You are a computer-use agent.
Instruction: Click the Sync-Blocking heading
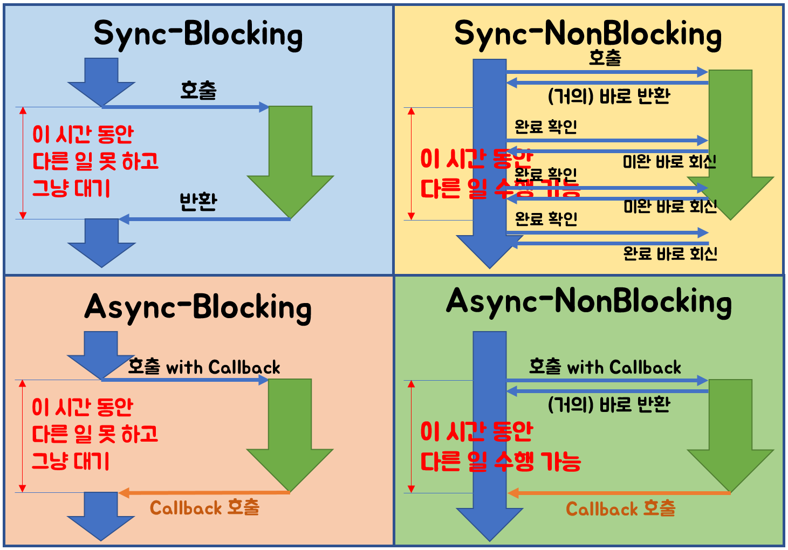coord(198,35)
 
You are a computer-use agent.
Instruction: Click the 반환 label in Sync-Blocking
coord(198,201)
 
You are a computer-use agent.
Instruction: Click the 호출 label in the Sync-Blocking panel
coord(198,90)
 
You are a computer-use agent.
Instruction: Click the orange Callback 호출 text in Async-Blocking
coord(204,507)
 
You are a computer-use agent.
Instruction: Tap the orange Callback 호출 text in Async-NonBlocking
coord(620,508)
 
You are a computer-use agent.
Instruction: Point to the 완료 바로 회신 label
coord(670,253)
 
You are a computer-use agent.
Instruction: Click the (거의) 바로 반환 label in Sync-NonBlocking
coord(608,97)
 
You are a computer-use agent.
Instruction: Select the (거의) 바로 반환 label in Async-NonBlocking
coord(608,404)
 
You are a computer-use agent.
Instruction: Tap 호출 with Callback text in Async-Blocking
coord(204,367)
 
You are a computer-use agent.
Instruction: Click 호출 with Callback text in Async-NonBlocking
coord(605,367)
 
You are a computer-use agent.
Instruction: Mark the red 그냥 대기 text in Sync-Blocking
coord(71,188)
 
